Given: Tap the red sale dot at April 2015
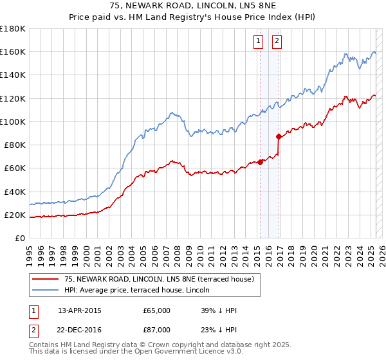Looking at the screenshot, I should tap(260, 163).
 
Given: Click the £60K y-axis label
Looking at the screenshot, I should tap(15, 168).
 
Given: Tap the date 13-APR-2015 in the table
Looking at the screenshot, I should tap(80, 310).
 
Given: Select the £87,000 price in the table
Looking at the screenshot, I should tap(157, 330).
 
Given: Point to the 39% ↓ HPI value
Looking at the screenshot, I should tap(219, 310).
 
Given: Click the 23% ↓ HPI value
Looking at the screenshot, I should tap(219, 330).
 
